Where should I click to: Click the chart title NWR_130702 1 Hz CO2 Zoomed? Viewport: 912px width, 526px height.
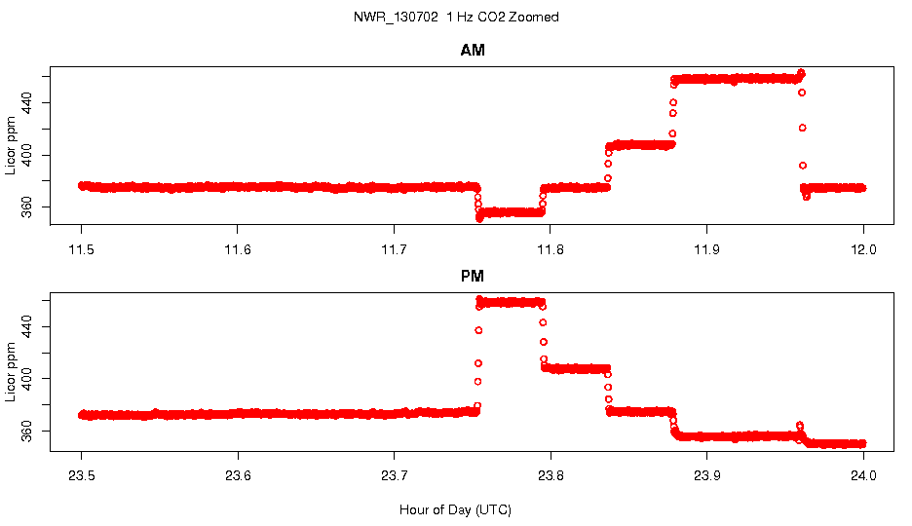(x=456, y=18)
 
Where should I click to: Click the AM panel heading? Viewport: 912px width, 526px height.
(x=473, y=51)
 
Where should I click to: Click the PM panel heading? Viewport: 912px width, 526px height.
(x=473, y=277)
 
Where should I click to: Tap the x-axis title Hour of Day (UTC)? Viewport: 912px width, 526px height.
(x=455, y=509)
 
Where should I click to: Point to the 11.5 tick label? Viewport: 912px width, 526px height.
(x=82, y=249)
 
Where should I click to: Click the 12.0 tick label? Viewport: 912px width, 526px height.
(x=863, y=249)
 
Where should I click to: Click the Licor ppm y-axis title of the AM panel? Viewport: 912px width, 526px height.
(x=11, y=145)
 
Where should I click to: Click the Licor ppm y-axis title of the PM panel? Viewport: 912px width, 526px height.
(x=11, y=371)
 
